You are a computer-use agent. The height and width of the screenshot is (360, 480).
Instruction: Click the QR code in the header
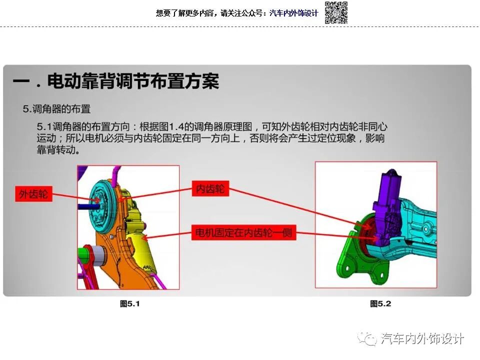336,12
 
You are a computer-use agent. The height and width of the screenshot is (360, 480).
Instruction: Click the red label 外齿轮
33,194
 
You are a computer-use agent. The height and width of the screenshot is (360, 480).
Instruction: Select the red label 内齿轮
210,189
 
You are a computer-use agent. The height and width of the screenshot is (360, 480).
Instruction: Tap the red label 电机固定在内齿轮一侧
244,232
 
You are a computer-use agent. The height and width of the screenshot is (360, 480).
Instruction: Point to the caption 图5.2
380,303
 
